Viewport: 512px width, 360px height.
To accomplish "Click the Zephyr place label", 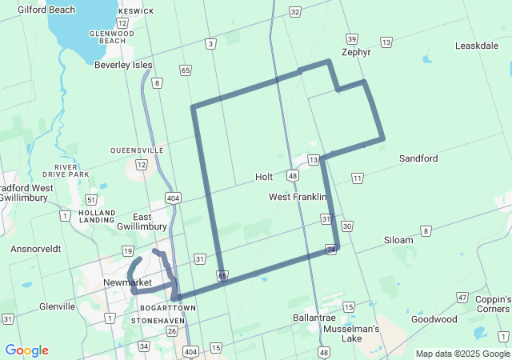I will pyautogui.click(x=356, y=52).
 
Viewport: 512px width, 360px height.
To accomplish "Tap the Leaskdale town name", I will pyautogui.click(x=477, y=46).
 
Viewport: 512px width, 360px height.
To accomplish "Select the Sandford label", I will pyautogui.click(x=418, y=158).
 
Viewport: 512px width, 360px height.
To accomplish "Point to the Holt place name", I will pyautogui.click(x=264, y=177).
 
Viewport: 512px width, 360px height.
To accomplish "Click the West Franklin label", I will pyautogui.click(x=298, y=197).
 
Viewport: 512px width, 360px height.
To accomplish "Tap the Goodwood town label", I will pyautogui.click(x=434, y=318).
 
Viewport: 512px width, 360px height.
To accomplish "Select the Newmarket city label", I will pyautogui.click(x=127, y=282).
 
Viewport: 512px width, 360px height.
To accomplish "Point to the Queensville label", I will pyautogui.click(x=137, y=150).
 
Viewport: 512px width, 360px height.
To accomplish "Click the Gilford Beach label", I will pyautogui.click(x=46, y=10).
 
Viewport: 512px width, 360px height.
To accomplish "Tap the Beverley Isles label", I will pyautogui.click(x=122, y=65).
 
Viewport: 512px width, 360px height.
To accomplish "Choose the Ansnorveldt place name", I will pyautogui.click(x=36, y=249).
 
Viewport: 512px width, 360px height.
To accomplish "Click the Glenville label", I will pyautogui.click(x=57, y=306).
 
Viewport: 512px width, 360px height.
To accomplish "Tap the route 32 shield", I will pyautogui.click(x=295, y=12).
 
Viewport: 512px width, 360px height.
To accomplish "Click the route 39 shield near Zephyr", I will pyautogui.click(x=351, y=38).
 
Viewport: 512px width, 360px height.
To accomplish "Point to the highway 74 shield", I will pyautogui.click(x=330, y=251).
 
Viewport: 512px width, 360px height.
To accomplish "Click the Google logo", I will pyautogui.click(x=26, y=350).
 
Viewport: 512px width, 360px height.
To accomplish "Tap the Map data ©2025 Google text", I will pyautogui.click(x=462, y=354).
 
